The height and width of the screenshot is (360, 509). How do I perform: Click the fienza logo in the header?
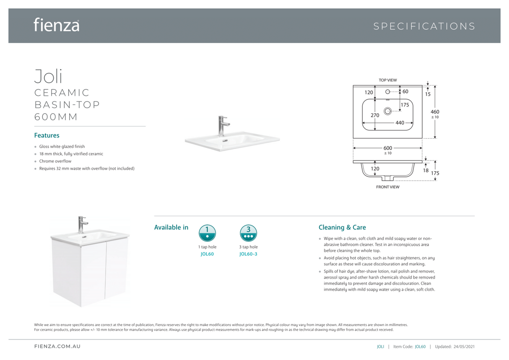click(x=56, y=25)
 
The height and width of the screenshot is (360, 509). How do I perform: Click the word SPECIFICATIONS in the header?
click(x=424, y=26)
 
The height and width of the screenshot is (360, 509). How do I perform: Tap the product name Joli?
click(x=48, y=76)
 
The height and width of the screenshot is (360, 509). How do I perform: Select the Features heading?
click(x=47, y=135)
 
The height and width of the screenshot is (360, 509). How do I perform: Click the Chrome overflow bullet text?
click(x=55, y=161)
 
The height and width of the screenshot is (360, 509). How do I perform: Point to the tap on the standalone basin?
click(x=223, y=125)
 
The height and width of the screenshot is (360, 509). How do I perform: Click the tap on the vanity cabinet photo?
click(x=82, y=224)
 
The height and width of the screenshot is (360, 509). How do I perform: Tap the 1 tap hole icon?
click(x=207, y=233)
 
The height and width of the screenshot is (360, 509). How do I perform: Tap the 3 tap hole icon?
click(x=249, y=233)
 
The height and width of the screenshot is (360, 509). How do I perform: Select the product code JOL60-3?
click(x=248, y=254)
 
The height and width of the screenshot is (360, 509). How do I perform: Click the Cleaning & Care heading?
click(x=342, y=228)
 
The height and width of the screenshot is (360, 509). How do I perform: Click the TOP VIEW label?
click(x=387, y=80)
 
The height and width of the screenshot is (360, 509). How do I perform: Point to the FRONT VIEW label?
click(x=387, y=187)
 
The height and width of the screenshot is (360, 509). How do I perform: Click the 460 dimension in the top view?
click(x=435, y=112)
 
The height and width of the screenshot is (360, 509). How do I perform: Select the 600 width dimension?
click(x=388, y=148)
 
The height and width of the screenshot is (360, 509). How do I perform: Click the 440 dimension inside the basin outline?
click(x=400, y=123)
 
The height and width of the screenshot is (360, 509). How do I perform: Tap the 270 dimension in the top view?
click(x=375, y=115)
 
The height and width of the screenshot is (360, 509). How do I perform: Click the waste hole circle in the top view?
click(x=387, y=111)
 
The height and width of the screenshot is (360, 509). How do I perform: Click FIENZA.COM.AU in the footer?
click(x=57, y=347)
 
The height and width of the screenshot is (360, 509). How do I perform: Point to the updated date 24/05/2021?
click(x=464, y=347)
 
